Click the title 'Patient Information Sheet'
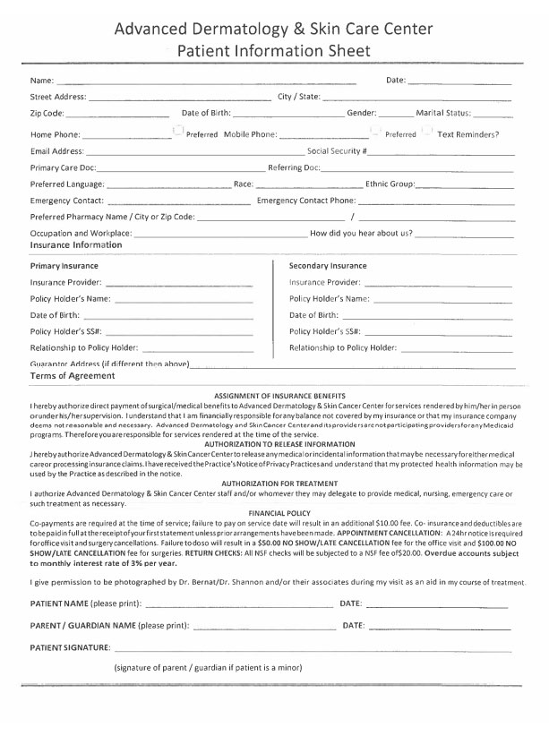[274, 50]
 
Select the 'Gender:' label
[362, 114]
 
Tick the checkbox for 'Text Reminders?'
[428, 133]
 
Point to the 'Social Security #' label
[337, 151]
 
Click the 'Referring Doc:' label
[294, 167]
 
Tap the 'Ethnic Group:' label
[390, 184]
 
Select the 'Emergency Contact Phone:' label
[306, 201]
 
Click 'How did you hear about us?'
[361, 233]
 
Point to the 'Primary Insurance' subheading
[64, 266]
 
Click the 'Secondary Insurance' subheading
[328, 266]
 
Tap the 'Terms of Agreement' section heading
[73, 376]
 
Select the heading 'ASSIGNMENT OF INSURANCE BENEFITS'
[281, 396]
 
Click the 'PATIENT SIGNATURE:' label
[71, 646]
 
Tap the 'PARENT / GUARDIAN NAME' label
[83, 624]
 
